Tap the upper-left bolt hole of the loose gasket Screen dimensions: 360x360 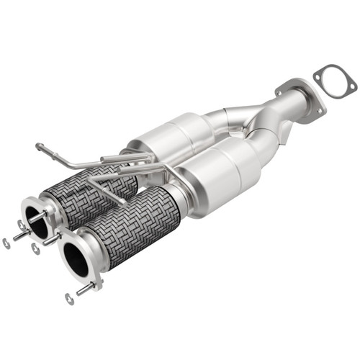321,71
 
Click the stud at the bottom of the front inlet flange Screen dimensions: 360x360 85,287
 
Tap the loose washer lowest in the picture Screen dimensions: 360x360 68,298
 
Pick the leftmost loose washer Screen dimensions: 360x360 6,243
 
